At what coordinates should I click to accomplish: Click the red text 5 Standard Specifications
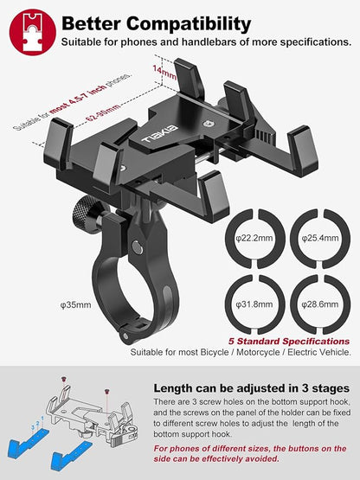click(288, 340)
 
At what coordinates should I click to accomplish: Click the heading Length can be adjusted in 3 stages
click(251, 388)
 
